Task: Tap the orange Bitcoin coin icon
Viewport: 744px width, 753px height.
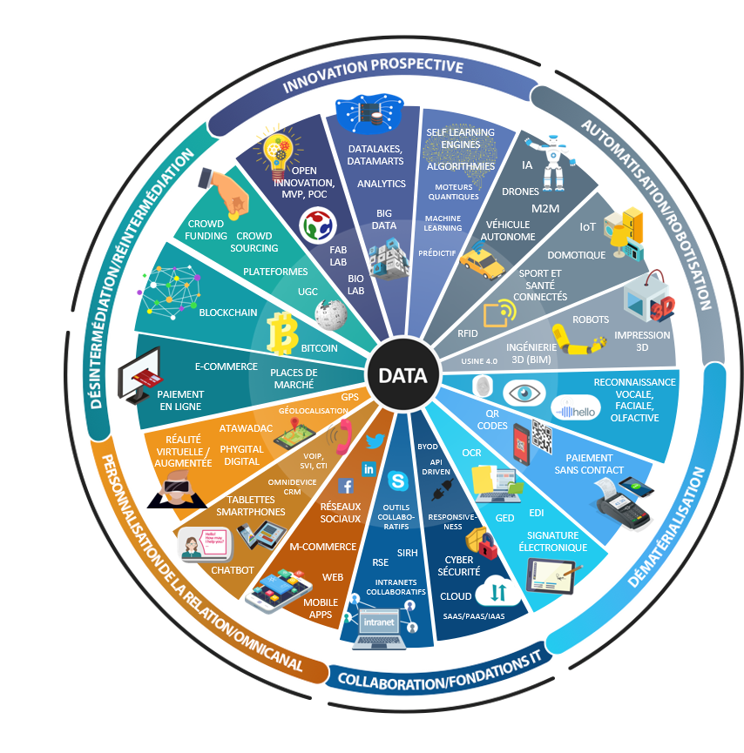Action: tap(281, 333)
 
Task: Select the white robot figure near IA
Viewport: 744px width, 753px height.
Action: tap(555, 161)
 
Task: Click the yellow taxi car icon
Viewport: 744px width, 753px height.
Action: tap(476, 260)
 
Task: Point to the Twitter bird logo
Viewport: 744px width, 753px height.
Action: tap(375, 441)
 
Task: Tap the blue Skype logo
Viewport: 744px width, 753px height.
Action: tap(399, 481)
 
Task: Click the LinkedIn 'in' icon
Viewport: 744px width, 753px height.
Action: tap(369, 469)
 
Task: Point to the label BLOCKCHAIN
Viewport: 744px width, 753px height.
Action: tap(228, 312)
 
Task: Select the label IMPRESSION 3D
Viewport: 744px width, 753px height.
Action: tap(643, 340)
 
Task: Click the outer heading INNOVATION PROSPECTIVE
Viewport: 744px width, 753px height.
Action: tap(372, 74)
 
